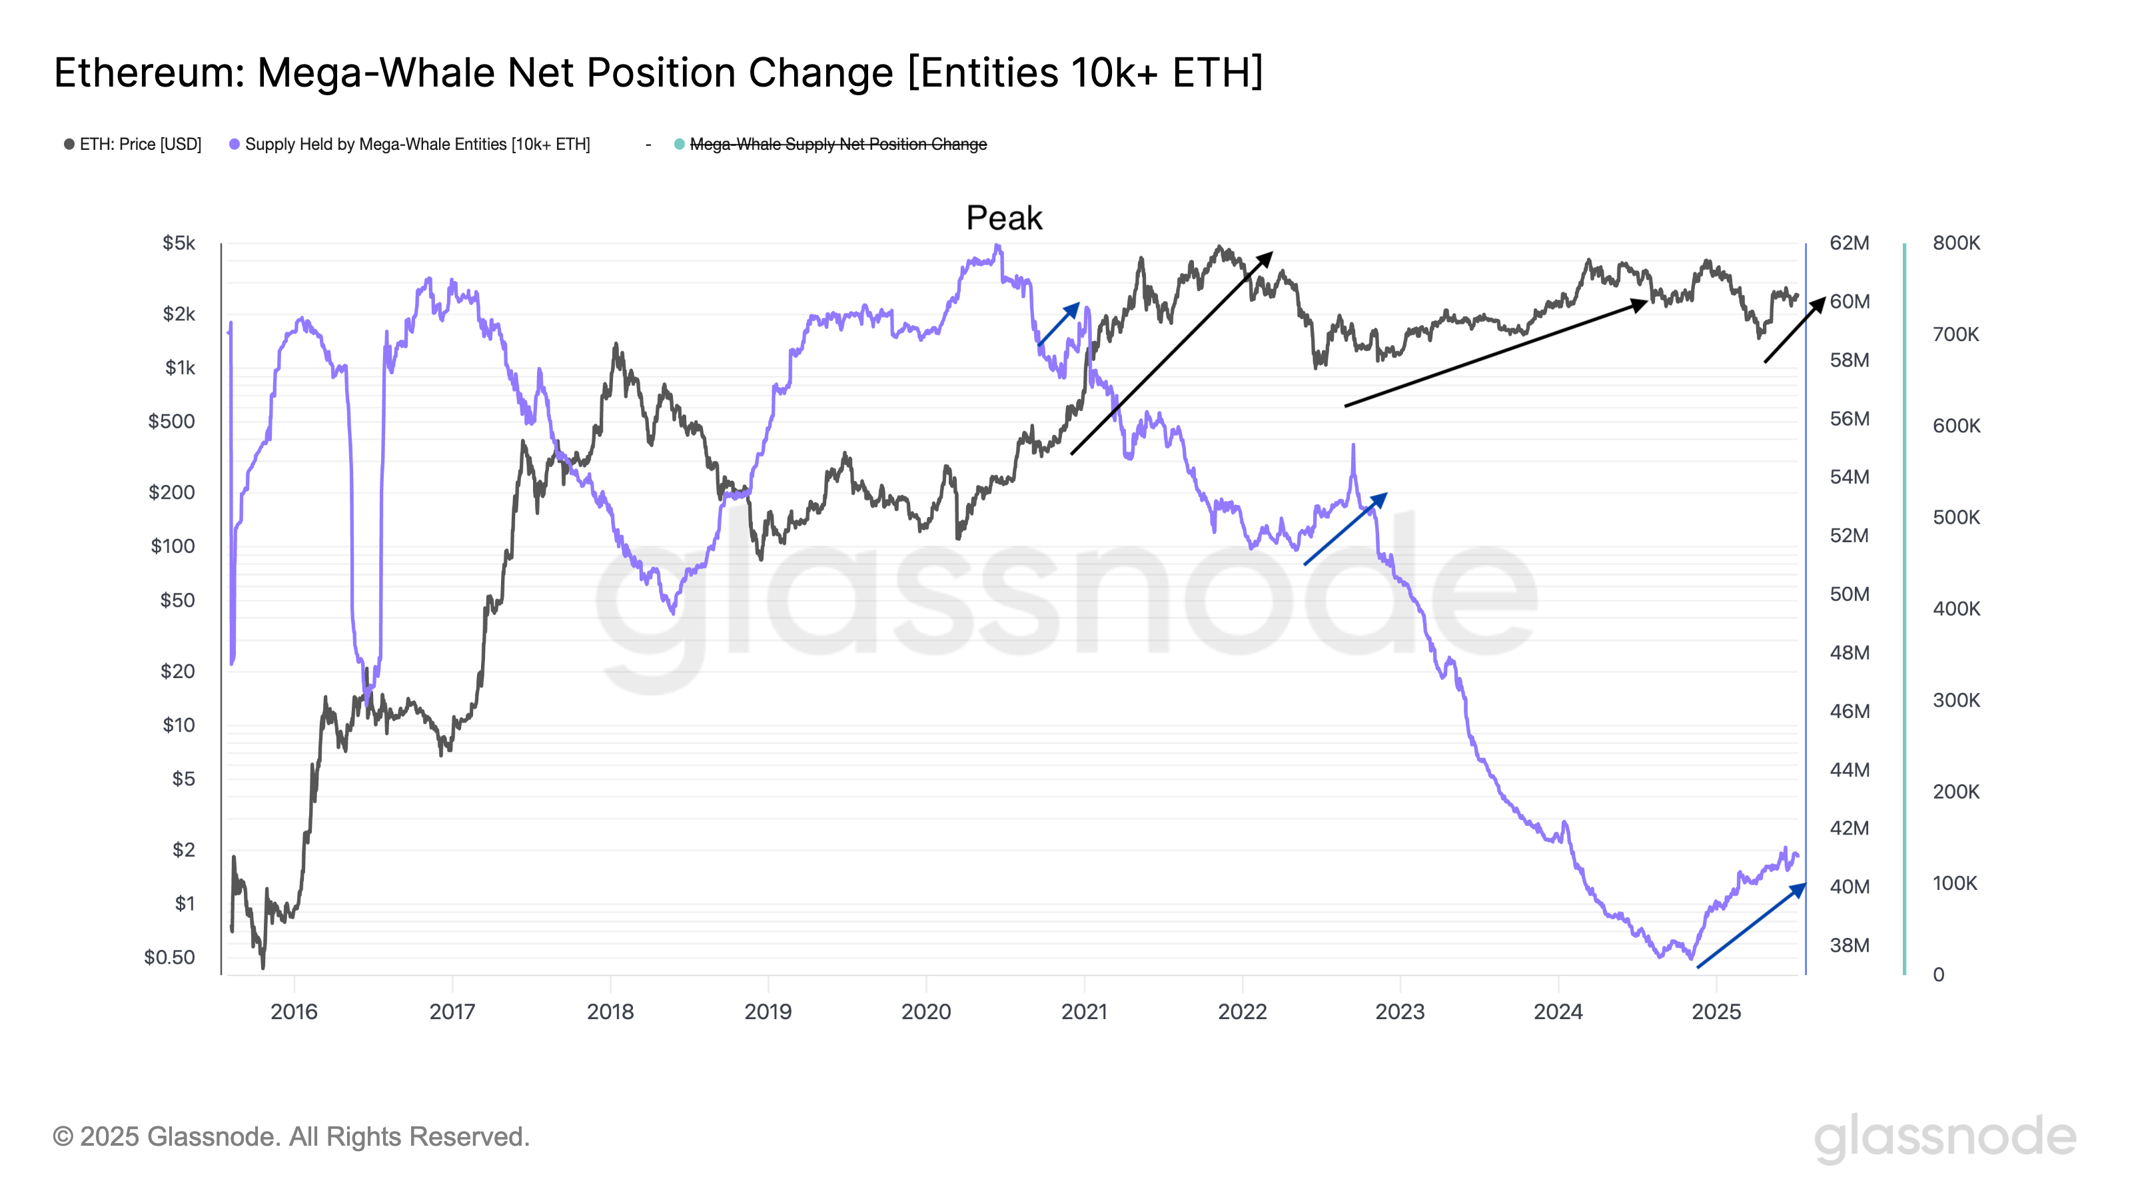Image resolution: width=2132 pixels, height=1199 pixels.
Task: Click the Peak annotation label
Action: pyautogui.click(x=1003, y=218)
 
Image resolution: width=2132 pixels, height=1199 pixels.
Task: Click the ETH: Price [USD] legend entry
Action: pyautogui.click(x=139, y=144)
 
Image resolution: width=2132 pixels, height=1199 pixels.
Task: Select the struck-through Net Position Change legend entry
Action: pyautogui.click(x=837, y=144)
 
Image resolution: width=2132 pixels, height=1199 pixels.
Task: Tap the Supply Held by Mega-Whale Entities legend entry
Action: pyautogui.click(x=416, y=144)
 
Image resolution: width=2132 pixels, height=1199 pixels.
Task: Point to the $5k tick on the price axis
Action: pyautogui.click(x=179, y=243)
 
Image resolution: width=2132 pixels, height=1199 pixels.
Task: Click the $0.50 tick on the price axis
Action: pyautogui.click(x=170, y=957)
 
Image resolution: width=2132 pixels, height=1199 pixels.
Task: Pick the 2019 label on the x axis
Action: pyautogui.click(x=768, y=1011)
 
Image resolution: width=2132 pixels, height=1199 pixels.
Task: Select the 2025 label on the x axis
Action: pyautogui.click(x=1716, y=1011)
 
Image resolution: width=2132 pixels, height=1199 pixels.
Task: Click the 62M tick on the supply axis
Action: pyautogui.click(x=1848, y=243)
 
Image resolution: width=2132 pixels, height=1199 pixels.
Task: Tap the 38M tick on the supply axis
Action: pyautogui.click(x=1848, y=945)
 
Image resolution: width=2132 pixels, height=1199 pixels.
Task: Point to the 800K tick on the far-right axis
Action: pyautogui.click(x=1955, y=243)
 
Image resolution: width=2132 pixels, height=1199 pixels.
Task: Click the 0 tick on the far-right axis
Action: pyautogui.click(x=1938, y=975)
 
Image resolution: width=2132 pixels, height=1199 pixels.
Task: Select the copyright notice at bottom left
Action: pyautogui.click(x=291, y=1136)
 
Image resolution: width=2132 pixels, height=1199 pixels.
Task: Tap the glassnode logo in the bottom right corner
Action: pyautogui.click(x=1944, y=1136)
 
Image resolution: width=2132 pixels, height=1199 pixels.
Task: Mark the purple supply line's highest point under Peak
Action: pyautogui.click(x=998, y=246)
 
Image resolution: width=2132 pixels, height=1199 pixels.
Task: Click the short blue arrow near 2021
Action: pyautogui.click(x=1059, y=324)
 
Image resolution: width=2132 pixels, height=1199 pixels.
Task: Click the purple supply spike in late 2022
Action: pyautogui.click(x=1352, y=447)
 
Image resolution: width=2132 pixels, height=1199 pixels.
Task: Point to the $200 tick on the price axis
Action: pyautogui.click(x=171, y=492)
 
